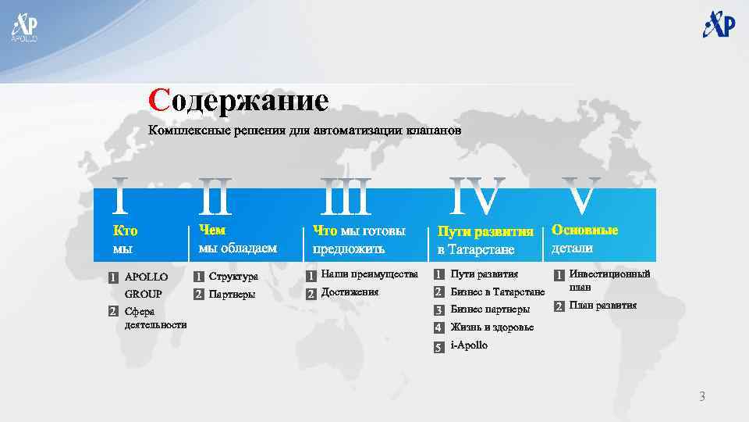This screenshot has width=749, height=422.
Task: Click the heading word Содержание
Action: [x=240, y=101]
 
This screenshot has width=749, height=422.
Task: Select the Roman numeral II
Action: [x=215, y=196]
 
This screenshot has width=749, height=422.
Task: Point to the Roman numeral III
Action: [x=346, y=196]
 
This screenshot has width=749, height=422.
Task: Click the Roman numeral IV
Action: [x=477, y=196]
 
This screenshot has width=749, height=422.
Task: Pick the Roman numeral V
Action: [x=584, y=196]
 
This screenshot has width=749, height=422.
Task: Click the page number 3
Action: [x=701, y=397]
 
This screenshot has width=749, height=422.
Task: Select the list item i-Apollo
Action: [x=470, y=345]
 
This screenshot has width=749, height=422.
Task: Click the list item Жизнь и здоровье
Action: [x=492, y=327]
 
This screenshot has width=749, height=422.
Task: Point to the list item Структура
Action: [x=233, y=276]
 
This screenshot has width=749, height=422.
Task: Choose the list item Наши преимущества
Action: [x=370, y=274]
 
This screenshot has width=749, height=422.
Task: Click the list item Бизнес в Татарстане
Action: [x=498, y=292]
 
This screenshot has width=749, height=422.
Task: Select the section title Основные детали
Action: [x=584, y=239]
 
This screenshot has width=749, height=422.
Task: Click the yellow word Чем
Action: [x=211, y=230]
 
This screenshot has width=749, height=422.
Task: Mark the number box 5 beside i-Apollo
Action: [x=438, y=346]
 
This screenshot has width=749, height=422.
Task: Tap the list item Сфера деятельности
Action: [x=155, y=318]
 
